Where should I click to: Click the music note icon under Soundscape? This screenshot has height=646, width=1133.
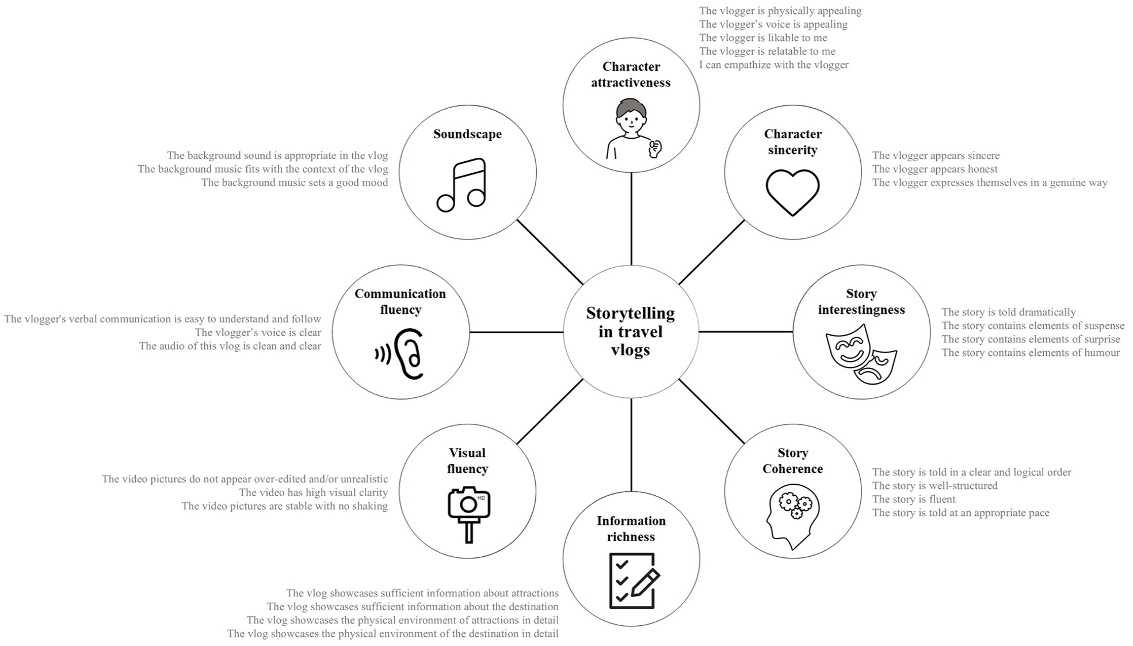461,185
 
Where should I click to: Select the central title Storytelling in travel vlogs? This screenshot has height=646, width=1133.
631,332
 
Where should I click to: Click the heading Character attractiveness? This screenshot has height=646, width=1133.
631,74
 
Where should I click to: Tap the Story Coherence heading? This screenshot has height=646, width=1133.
792,461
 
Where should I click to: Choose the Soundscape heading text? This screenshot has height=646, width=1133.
467,134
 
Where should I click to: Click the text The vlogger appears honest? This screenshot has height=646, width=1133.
934,169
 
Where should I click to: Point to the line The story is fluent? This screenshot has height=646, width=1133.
913,499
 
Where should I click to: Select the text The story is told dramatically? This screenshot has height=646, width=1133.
1008,312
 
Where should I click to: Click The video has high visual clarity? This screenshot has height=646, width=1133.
313,492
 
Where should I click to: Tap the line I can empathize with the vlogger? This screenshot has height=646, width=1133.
773,65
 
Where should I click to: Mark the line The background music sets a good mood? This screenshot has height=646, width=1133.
295,183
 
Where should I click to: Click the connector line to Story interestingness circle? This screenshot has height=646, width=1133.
746,332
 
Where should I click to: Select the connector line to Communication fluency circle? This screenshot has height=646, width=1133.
516,332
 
